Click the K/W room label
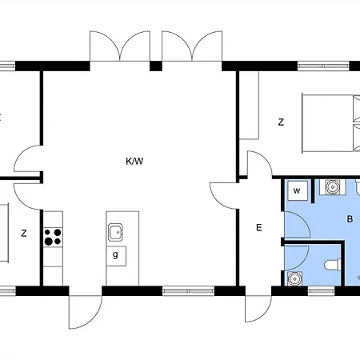[134, 161]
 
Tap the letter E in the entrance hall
[258, 227]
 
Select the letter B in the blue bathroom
[350, 219]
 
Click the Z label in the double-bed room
[281, 122]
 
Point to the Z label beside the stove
[24, 234]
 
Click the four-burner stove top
[53, 237]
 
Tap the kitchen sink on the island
[115, 232]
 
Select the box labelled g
[116, 256]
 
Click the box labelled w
[298, 190]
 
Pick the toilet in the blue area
[333, 265]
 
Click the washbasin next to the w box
[333, 186]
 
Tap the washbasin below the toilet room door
[295, 278]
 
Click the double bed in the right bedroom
[331, 123]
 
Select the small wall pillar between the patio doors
[156, 66]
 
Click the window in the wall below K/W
[188, 290]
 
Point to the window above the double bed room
[323, 66]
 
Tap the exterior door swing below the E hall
[258, 309]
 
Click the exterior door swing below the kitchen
[86, 312]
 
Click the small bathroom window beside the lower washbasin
[321, 290]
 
